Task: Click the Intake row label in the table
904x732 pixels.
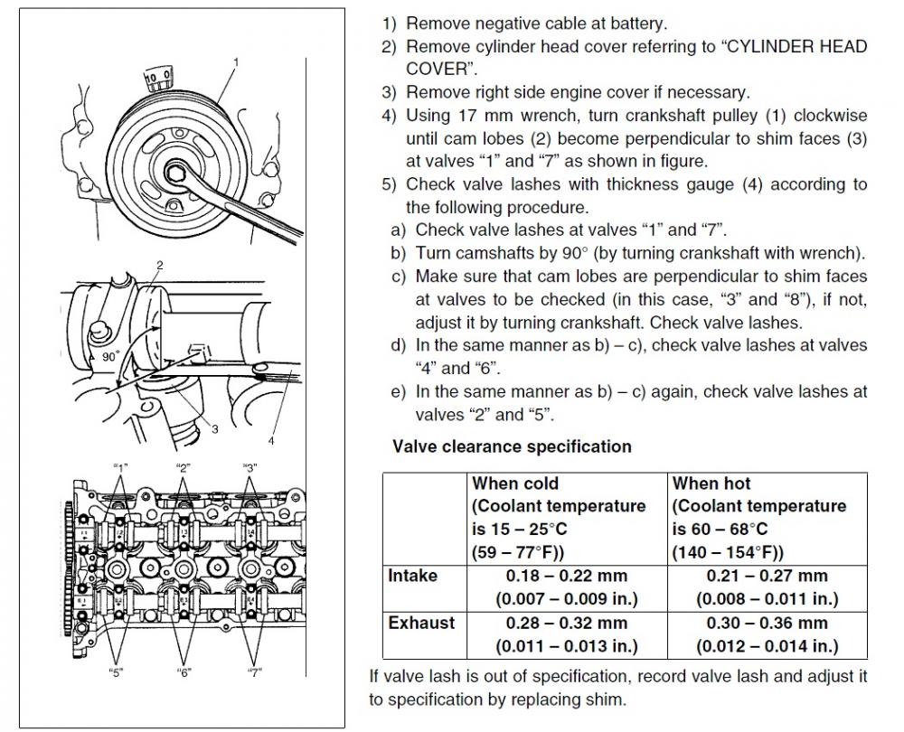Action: coord(412,575)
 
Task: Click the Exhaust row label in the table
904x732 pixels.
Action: coord(421,622)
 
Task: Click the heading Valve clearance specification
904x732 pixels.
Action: coord(512,446)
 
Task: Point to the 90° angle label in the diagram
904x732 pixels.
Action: coord(111,357)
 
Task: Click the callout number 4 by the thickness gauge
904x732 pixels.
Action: coord(271,442)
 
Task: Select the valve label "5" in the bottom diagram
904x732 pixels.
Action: coord(117,672)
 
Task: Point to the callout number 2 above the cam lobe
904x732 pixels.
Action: coord(159,265)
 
